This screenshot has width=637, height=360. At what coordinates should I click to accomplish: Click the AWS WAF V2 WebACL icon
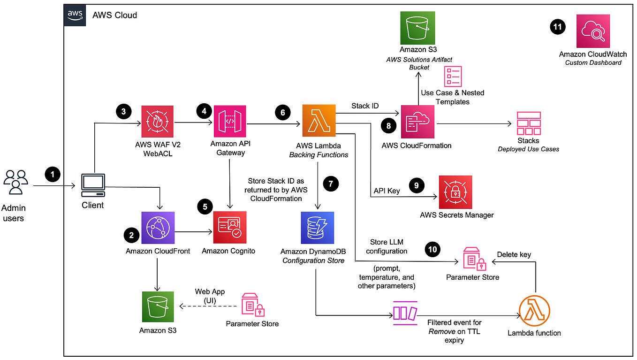pyautogui.click(x=158, y=122)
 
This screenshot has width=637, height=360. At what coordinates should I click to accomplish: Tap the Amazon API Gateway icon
pyautogui.click(x=229, y=122)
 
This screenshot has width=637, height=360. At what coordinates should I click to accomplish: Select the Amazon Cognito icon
pyautogui.click(x=229, y=228)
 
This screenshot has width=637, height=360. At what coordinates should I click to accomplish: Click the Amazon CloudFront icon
pyautogui.click(x=158, y=228)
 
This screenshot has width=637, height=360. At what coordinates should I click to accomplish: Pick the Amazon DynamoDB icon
pyautogui.click(x=318, y=228)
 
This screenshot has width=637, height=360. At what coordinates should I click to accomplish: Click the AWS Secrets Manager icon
pyautogui.click(x=455, y=192)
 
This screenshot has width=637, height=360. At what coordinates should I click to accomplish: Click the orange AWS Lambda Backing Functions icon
pyautogui.click(x=318, y=122)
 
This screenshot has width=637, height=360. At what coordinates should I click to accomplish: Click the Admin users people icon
pyautogui.click(x=15, y=182)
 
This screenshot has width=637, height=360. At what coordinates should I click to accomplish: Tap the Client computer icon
pyautogui.click(x=93, y=185)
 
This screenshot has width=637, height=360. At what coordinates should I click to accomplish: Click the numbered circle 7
pyautogui.click(x=331, y=184)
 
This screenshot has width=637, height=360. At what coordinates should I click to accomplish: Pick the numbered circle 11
pyautogui.click(x=557, y=28)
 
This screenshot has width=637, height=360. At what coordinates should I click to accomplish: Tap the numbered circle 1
pyautogui.click(x=53, y=175)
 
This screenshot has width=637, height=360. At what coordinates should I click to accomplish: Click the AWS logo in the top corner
pyautogui.click(x=75, y=15)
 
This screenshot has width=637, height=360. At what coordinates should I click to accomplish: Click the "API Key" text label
pyautogui.click(x=387, y=191)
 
